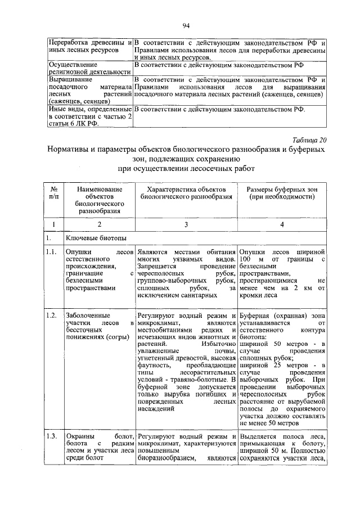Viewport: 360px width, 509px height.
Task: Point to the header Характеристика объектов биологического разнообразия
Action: (x=186, y=194)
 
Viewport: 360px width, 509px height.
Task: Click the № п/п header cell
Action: (x=55, y=194)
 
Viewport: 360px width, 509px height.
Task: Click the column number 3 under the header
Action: (x=186, y=224)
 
